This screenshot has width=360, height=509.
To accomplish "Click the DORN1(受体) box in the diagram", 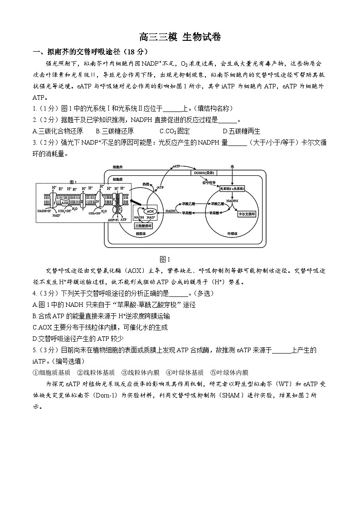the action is tap(204, 173).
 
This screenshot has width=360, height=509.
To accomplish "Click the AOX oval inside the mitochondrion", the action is tap(150, 211).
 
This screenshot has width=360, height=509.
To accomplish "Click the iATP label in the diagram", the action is tap(160, 187).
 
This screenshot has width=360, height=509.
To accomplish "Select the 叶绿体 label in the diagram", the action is tap(233, 234).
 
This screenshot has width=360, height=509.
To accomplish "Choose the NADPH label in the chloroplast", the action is tap(233, 200).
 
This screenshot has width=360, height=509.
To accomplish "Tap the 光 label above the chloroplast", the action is tap(233, 167).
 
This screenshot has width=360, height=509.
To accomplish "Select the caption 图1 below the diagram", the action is tap(165, 259).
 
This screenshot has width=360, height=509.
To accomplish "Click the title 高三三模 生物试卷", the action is tap(180, 38).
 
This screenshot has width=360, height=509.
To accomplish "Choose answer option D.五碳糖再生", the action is tap(242, 131).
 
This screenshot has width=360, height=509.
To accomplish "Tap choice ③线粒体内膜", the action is tap(141, 373).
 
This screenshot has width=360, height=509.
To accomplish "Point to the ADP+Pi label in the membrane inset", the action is tap(113, 220).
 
